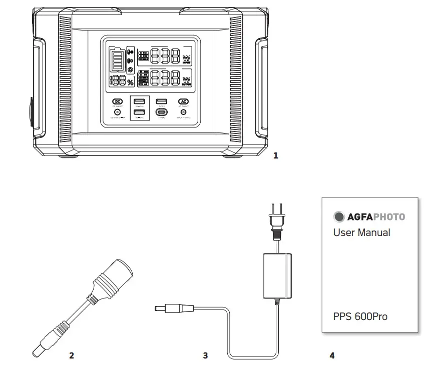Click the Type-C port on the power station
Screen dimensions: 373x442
[162, 112]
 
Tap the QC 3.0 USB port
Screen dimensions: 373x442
[162, 102]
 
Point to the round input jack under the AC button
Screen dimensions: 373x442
[183, 112]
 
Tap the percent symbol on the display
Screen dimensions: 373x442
[131, 82]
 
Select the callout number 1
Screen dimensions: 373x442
[275, 155]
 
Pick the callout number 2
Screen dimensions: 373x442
[72, 355]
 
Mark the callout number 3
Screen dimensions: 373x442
[205, 355]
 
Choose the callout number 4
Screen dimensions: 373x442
[332, 355]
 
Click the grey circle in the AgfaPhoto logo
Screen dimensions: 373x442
[339, 216]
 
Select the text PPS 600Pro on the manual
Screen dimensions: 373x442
[360, 316]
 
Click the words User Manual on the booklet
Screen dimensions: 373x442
[361, 232]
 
